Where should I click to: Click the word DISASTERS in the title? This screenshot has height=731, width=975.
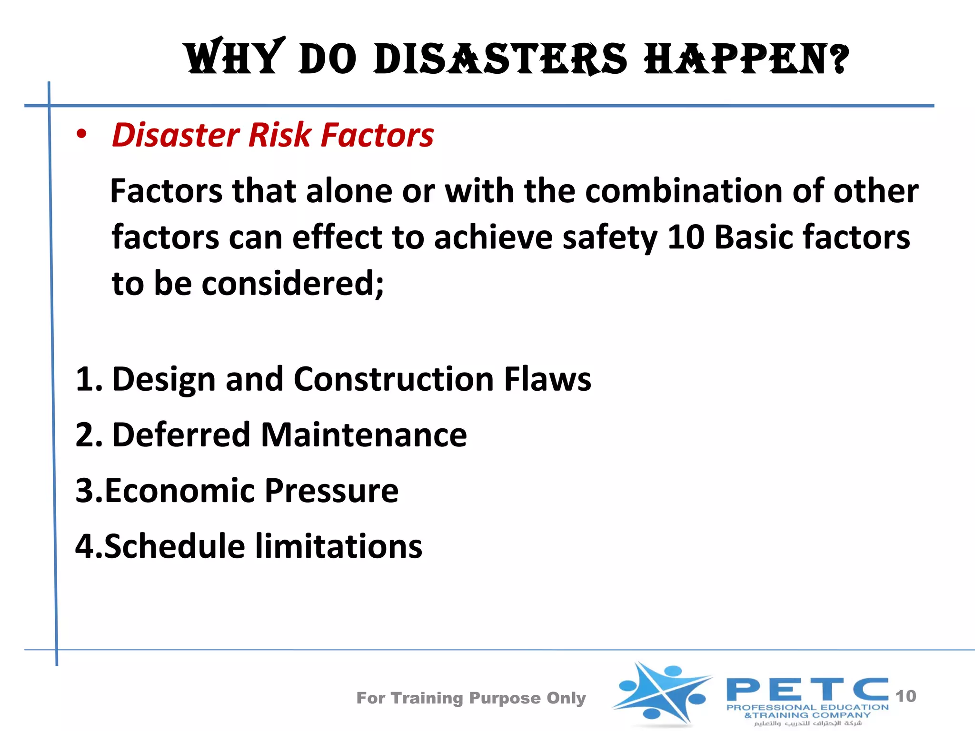click(500, 59)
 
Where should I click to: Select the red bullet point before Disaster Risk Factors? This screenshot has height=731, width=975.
click(82, 134)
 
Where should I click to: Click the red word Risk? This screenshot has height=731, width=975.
click(279, 135)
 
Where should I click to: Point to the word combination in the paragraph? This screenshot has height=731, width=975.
click(684, 191)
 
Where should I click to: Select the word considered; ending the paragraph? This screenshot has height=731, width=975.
click(293, 284)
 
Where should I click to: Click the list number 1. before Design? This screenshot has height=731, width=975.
click(89, 380)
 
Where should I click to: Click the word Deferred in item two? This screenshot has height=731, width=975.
click(181, 435)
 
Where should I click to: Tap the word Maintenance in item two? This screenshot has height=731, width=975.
click(364, 435)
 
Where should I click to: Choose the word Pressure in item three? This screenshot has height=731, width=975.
click(331, 491)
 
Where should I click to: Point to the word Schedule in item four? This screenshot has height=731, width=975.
click(174, 546)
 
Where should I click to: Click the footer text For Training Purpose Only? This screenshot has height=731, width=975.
click(471, 698)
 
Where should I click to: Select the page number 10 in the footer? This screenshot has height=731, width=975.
click(905, 696)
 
